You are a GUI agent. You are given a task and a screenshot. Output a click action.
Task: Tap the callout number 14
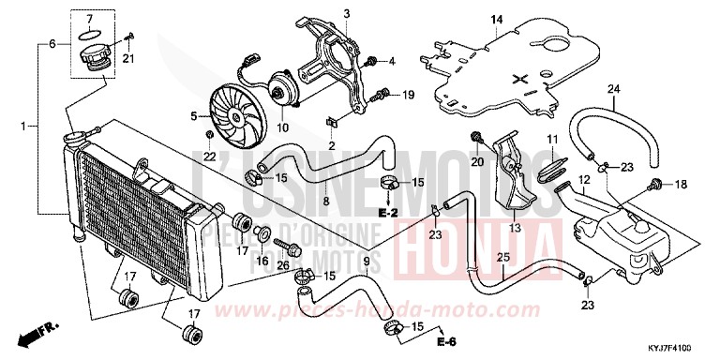click(497, 19)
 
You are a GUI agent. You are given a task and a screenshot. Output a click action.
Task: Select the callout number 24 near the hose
click(615, 89)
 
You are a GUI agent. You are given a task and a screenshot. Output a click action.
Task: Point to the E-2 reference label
click(389, 215)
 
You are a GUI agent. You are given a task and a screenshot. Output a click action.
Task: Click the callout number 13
click(515, 227)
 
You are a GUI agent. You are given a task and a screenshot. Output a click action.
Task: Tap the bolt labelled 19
click(383, 94)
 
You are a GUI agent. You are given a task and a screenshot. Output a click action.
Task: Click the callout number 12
click(582, 178)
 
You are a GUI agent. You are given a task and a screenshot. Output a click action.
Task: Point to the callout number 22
click(210, 156)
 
